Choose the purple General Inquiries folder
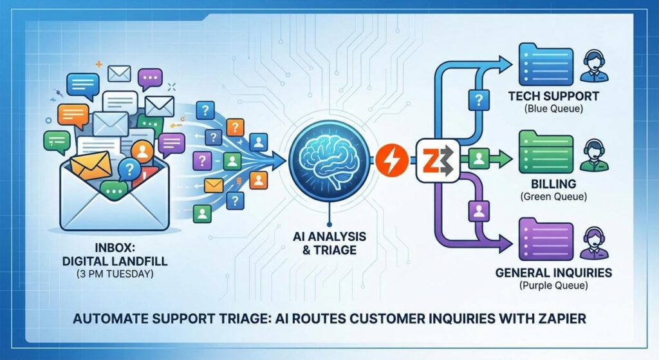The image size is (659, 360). pos(545,239)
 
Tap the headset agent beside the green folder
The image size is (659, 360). pos(593,155)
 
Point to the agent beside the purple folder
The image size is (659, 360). pos(593,241)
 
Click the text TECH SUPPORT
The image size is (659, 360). pos(553,97)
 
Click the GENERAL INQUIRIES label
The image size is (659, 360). pos(553,273)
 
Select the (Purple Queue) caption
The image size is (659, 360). pos(553,287)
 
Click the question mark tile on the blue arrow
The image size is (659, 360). pos(478,99)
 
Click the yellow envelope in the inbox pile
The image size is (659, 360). pos(91,166)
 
